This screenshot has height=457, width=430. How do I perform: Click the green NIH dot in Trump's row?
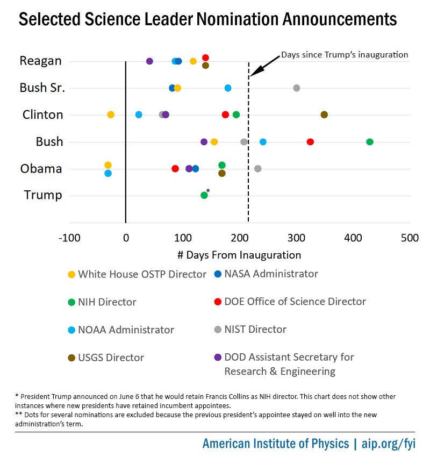[x=204, y=195]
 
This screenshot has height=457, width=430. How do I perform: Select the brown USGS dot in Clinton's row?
[x=324, y=115]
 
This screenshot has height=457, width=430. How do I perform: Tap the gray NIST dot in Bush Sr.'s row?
[x=297, y=88]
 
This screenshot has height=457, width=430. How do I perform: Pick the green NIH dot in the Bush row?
[x=370, y=141]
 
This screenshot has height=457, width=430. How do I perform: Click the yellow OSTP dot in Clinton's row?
[x=111, y=115]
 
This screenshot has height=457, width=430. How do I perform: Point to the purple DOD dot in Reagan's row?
[x=149, y=61]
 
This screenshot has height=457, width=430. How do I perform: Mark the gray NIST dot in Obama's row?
[x=258, y=169]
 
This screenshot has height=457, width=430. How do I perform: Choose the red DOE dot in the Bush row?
[x=310, y=141]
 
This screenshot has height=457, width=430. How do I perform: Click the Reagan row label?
[x=40, y=61]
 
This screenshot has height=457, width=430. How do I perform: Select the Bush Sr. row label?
[x=42, y=88]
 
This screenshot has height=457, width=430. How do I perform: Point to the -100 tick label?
[x=69, y=238]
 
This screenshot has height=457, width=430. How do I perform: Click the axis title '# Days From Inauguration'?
[x=239, y=255]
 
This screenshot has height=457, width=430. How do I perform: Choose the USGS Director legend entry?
[x=111, y=358]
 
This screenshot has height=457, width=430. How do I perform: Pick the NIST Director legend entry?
[x=255, y=330]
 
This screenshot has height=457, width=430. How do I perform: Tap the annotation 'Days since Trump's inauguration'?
[x=345, y=55]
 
